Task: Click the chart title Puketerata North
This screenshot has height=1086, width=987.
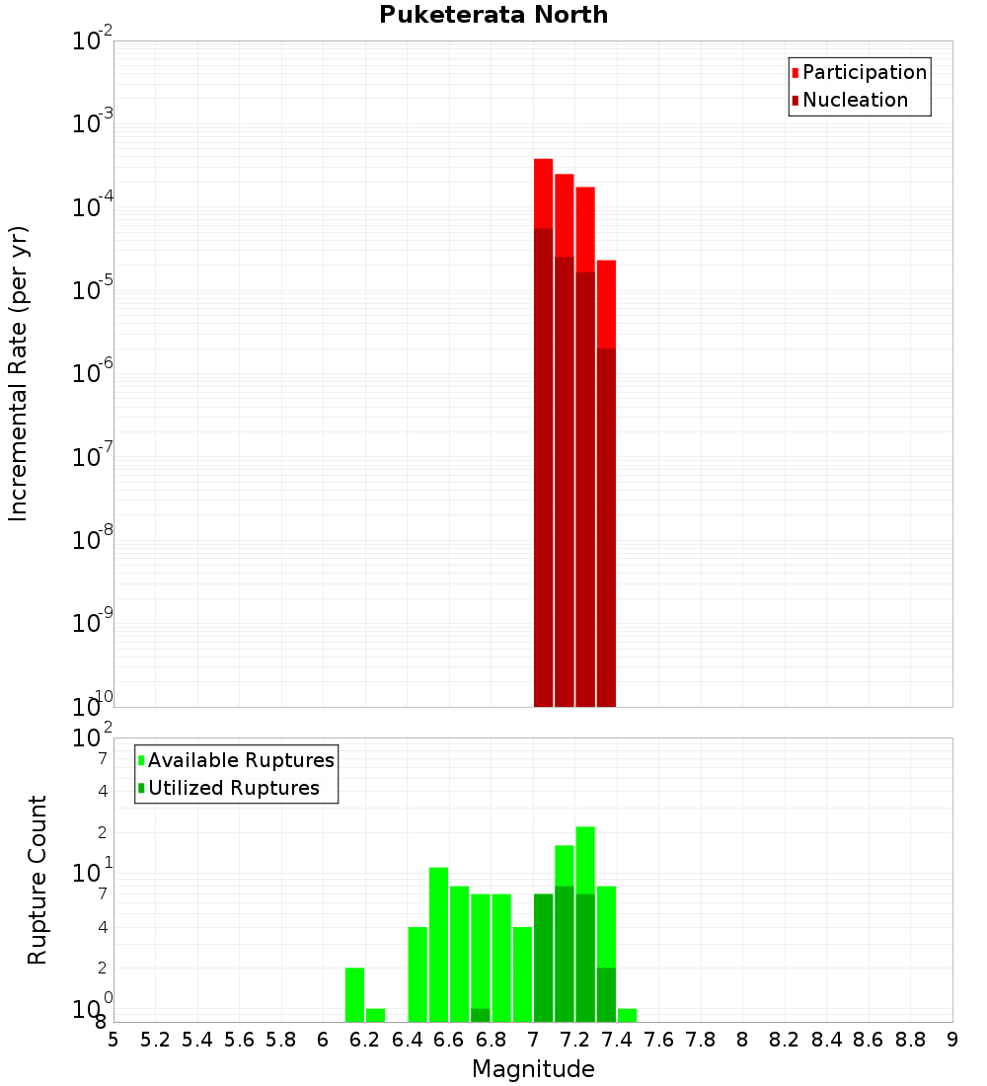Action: pos(493,15)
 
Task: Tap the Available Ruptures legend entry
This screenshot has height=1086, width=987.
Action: pos(240,760)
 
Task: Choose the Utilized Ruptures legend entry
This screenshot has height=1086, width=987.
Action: pos(233,788)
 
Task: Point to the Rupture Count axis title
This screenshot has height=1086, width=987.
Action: pos(38,879)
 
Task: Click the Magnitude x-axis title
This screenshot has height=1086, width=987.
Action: pos(533,1069)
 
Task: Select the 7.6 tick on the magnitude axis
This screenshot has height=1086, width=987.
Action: pos(659,1040)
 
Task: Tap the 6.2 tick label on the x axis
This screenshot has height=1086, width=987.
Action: pos(365,1040)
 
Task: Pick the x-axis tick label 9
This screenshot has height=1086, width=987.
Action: pos(952,1040)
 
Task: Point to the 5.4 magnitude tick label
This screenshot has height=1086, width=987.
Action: pos(197,1040)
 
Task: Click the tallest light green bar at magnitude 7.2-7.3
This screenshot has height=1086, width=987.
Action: pos(585,859)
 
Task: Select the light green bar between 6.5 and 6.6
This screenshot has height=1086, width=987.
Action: pos(438,944)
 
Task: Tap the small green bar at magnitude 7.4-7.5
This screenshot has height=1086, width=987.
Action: pos(627,1015)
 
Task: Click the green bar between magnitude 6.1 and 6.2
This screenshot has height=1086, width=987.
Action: pos(354,994)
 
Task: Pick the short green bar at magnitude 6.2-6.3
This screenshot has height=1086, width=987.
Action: pos(375,1015)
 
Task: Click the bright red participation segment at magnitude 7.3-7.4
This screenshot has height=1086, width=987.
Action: pos(606,304)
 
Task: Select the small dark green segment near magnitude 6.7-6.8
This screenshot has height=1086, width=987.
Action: pos(481,1015)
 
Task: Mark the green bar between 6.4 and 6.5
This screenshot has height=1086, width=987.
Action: pos(418,973)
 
